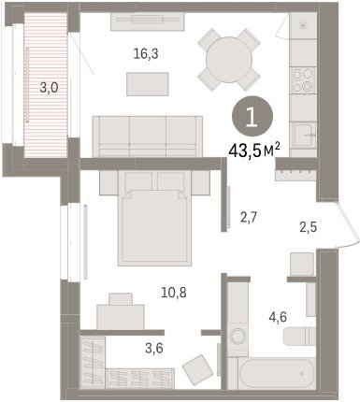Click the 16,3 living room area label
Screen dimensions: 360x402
coord(146,54)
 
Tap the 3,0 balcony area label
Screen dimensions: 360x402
coord(50,88)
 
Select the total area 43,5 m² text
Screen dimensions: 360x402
coord(254,151)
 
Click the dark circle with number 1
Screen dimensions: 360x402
coord(252,116)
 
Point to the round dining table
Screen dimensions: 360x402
coord(229,60)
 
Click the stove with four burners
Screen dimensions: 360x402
coord(303,80)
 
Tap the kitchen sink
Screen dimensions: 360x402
coord(303,135)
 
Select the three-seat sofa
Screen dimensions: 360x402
coord(148,136)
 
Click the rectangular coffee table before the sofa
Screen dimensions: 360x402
coord(148,84)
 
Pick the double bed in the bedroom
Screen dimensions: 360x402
coord(154,218)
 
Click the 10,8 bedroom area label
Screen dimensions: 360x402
coord(174,293)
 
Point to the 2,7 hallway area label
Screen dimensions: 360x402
coord(249,217)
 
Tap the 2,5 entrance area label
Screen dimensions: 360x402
coord(308,227)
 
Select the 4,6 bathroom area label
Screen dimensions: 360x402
coord(278,318)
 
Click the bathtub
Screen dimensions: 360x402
coord(277,373)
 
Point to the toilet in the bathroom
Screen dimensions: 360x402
coord(300,337)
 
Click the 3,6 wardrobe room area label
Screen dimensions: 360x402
coord(154,348)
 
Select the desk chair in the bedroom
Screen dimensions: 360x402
coord(121,299)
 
